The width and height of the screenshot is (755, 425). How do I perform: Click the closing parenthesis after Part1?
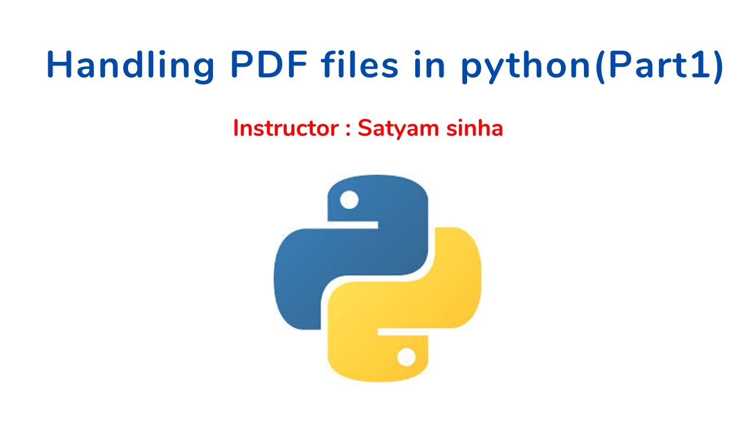click(716, 66)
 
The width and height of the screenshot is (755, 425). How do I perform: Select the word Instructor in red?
click(286, 128)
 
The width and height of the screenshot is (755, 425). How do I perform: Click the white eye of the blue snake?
click(349, 200)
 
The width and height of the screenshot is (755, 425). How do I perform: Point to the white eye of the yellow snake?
click(406, 357)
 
